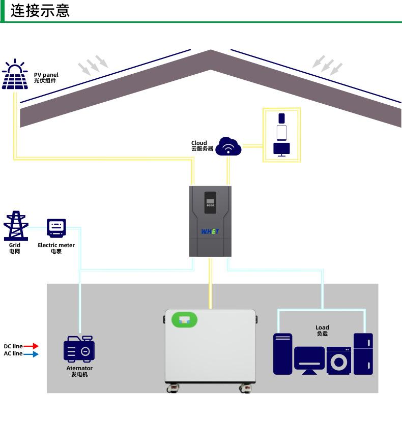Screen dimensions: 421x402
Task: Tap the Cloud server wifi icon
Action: (228, 146)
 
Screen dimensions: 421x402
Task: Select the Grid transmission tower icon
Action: (16, 226)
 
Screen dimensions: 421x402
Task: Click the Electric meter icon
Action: (56, 228)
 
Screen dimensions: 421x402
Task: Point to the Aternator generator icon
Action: (79, 349)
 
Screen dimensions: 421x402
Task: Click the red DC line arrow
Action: (31, 346)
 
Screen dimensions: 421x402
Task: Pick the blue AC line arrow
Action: (31, 354)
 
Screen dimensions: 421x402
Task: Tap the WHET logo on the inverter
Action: (210, 231)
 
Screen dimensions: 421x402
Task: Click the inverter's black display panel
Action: (210, 202)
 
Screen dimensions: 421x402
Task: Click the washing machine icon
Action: (338, 360)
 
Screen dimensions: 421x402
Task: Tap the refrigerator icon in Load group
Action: (363, 354)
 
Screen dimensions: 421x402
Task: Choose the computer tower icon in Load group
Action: (282, 354)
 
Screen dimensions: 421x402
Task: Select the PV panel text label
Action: (46, 77)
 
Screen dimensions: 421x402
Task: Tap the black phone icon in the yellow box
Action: (282, 118)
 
